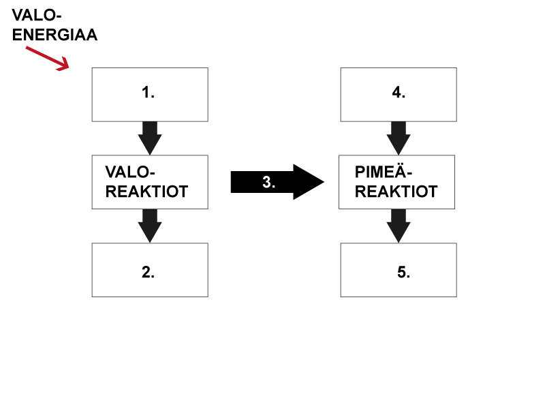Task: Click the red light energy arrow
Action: click(x=48, y=59)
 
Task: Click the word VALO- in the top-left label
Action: click(x=37, y=15)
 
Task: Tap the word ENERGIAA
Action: click(x=54, y=35)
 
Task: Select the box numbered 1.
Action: click(x=150, y=95)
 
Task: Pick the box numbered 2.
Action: click(x=150, y=270)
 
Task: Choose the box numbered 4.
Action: click(x=399, y=95)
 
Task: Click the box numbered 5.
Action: click(x=399, y=270)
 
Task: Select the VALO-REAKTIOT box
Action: click(x=150, y=182)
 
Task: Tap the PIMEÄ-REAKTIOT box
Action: click(x=396, y=182)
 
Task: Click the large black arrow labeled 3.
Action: click(x=277, y=182)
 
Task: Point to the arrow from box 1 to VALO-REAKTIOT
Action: click(x=150, y=138)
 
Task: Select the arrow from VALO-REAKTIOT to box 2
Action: click(x=150, y=226)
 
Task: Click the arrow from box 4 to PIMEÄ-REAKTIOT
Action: click(x=399, y=138)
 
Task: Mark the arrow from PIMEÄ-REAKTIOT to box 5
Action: click(x=399, y=226)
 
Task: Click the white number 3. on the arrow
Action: click(x=268, y=182)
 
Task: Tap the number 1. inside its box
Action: click(x=148, y=93)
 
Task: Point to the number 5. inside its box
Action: click(x=403, y=272)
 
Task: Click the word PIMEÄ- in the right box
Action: click(x=384, y=172)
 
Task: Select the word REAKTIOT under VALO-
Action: click(x=146, y=192)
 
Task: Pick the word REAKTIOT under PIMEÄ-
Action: click(x=396, y=192)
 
